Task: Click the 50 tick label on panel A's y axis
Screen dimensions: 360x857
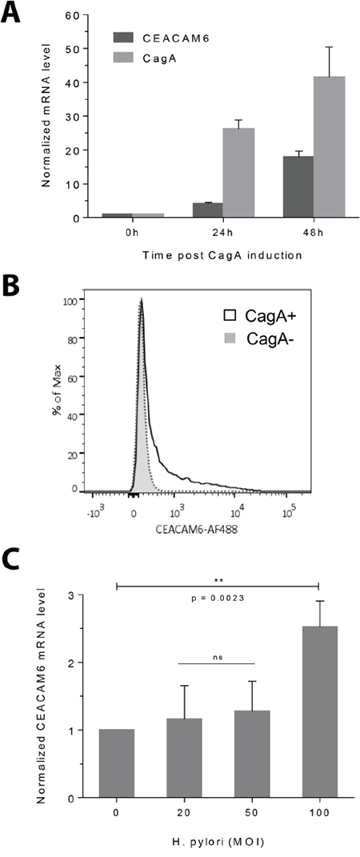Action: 75,49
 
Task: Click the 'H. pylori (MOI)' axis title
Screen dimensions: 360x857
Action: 217,840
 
